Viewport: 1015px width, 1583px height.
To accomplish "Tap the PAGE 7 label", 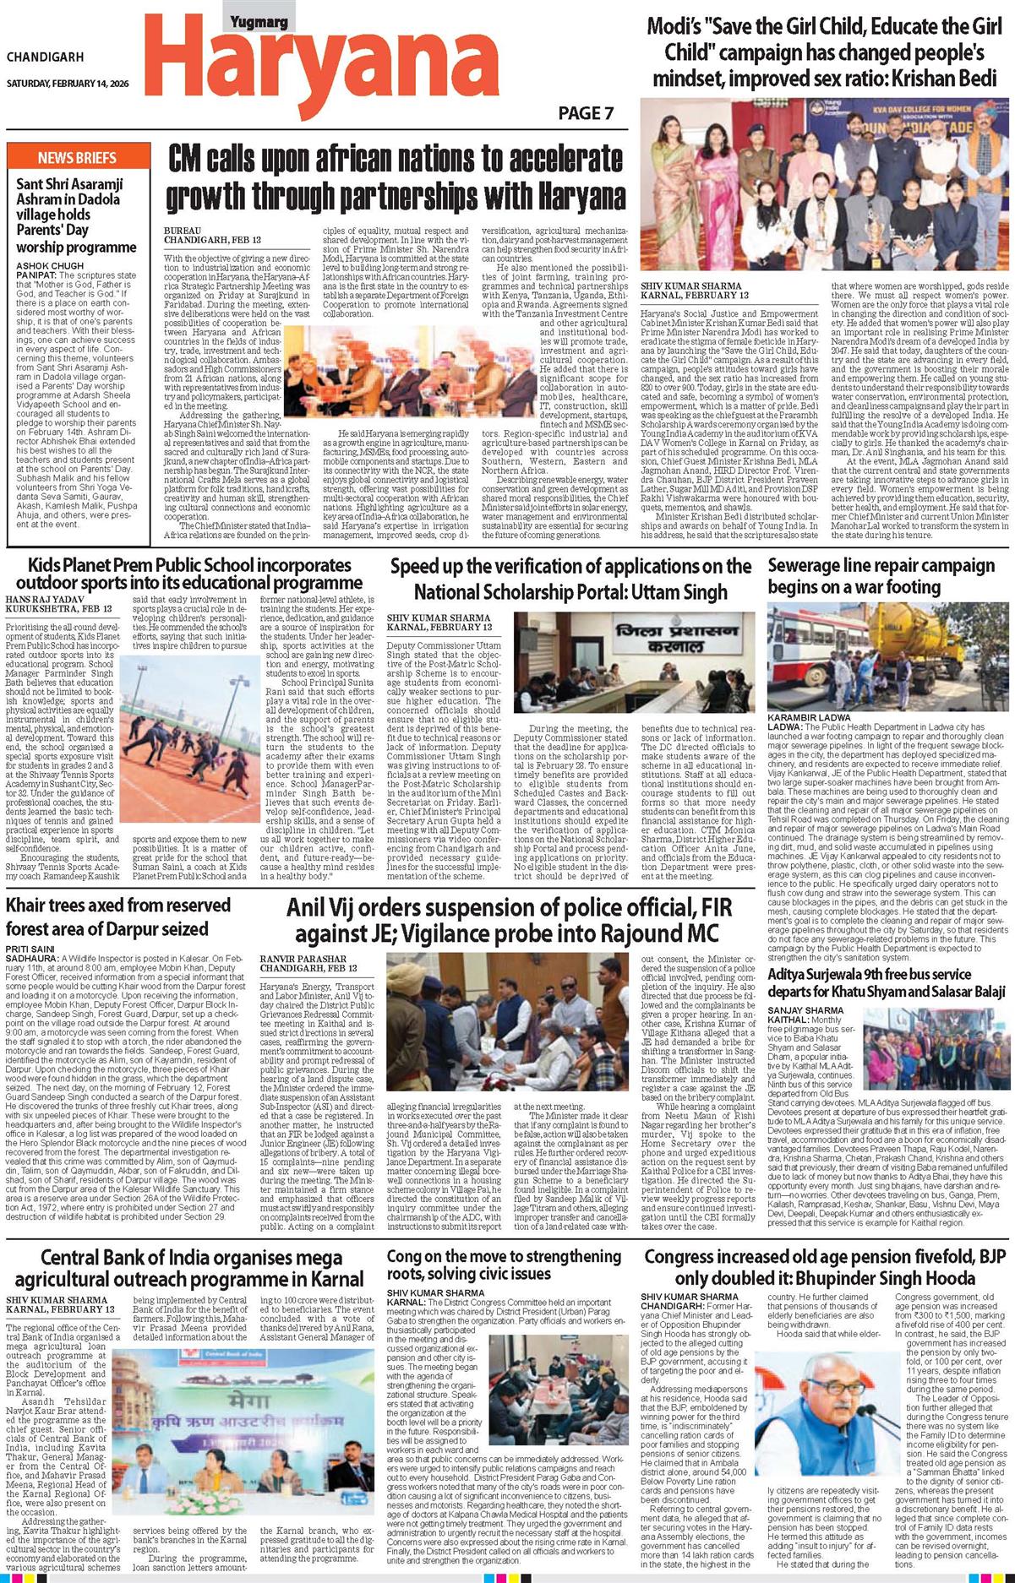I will coord(586,113).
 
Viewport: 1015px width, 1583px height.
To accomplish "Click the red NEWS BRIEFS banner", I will coord(77,158).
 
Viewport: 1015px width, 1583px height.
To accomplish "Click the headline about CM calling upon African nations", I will coord(396,177).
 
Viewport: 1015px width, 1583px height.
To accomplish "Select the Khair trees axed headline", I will coord(107,917).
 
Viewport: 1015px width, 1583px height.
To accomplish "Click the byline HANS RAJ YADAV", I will coord(47,598).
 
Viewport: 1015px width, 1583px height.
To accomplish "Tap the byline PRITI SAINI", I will coord(30,949).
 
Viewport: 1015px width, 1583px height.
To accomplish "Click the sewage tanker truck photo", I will coord(887,656).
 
